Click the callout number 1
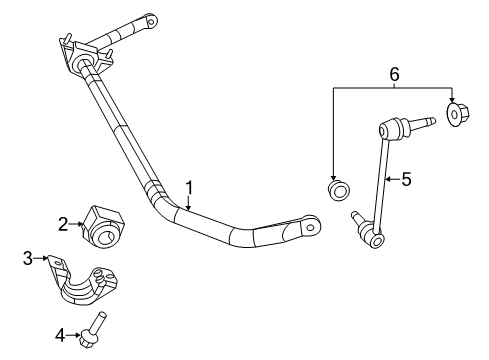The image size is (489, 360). point(187,187)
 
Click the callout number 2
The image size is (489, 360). point(62,224)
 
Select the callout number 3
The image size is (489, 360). point(27,259)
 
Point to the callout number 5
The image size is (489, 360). point(405,180)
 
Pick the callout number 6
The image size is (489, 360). point(394,73)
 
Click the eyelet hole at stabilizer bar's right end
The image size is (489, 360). point(311,227)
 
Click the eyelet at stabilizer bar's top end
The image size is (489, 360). point(152,19)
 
